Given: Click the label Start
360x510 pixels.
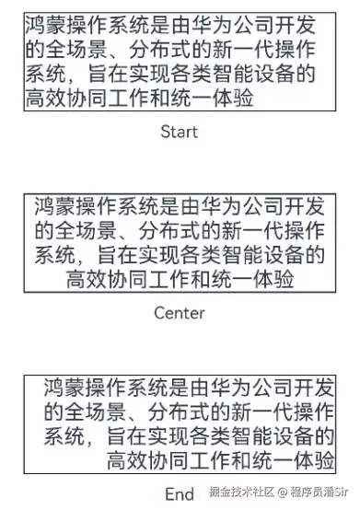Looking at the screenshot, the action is point(179,132).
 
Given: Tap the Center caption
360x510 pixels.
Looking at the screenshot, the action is point(180,313).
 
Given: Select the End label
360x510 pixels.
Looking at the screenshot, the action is point(180,493).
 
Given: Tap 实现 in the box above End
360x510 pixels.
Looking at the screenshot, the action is point(176,434).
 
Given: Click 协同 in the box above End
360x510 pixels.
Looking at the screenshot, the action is point(173,458).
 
